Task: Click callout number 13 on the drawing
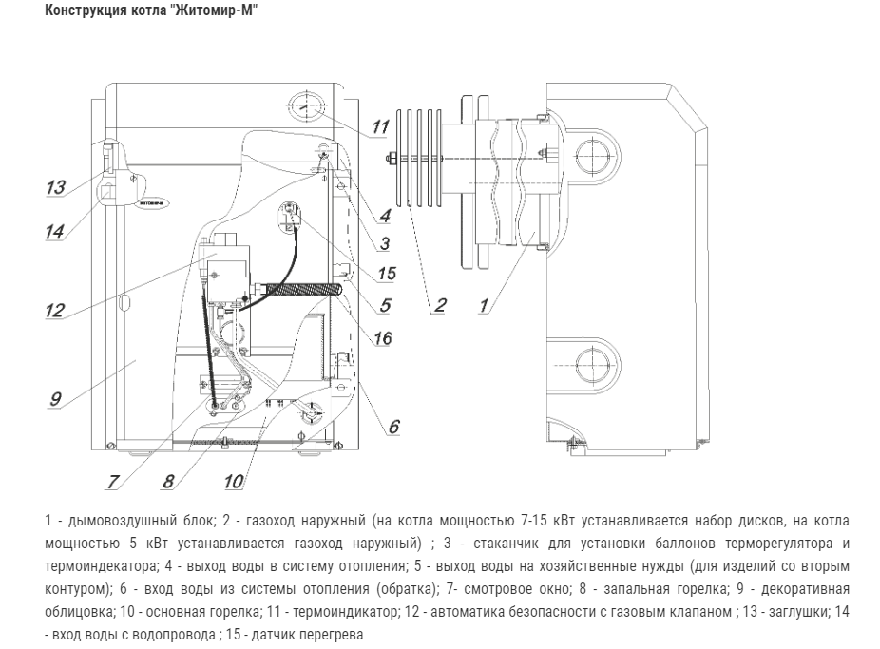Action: point(55,187)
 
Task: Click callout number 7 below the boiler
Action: point(113,482)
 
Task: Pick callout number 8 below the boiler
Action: point(168,481)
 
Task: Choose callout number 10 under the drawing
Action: point(232,482)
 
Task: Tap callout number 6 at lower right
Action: point(392,427)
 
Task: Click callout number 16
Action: point(383,337)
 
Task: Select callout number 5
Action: point(385,305)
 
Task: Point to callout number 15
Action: point(385,274)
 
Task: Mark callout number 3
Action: point(384,243)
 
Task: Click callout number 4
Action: point(384,216)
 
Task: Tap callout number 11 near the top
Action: point(381,126)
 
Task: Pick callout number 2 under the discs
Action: point(439,306)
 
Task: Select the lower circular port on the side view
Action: point(592,361)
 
